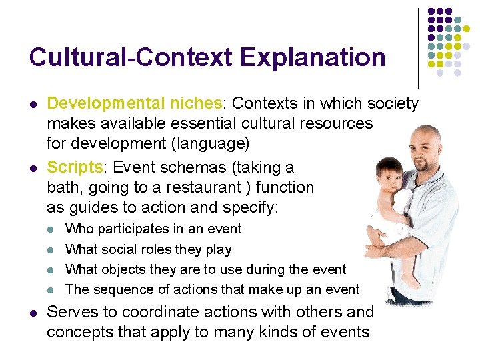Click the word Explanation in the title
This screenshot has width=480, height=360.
tap(313, 57)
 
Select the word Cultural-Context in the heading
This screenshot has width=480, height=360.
tap(131, 57)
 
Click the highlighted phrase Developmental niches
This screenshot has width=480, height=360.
tap(134, 103)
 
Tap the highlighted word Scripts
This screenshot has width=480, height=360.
tap(73, 167)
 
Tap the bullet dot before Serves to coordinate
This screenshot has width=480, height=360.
tap(32, 313)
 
